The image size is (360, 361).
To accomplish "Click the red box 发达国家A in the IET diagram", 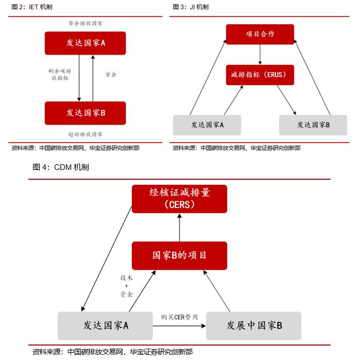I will pos(85,43).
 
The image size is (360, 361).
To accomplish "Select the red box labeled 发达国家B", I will pos(85,113).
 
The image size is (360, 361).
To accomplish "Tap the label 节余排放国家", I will pos(85,24).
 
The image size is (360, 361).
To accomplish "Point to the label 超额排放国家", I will pos(85,134).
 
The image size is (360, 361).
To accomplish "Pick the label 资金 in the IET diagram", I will pos(111,75).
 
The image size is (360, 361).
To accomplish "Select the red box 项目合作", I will pos(260,34).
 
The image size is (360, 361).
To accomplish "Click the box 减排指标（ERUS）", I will pos(260,75).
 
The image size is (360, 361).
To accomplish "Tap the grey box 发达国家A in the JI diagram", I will pos(207,125).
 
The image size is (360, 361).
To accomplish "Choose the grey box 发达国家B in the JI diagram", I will pos(313,125).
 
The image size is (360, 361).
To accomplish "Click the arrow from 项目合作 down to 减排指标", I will pos(260,54).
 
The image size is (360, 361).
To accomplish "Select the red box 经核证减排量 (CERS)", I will pos(179,198).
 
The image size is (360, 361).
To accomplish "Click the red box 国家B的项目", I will pos(179,255).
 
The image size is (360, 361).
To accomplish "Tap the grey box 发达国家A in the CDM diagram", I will pos(106,325).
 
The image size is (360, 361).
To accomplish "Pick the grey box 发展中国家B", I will pos(254,325).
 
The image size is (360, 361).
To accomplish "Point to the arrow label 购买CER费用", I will pos(179,317).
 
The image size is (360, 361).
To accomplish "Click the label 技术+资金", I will pos(126,286).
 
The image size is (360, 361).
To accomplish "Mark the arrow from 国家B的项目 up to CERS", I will pos(179,227).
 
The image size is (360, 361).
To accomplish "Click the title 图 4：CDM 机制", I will pos(61,167).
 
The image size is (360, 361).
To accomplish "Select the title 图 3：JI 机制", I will pos(191,7).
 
